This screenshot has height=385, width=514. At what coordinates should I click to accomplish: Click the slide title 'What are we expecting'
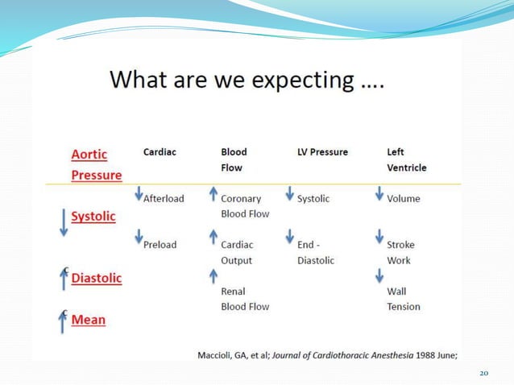[247, 81]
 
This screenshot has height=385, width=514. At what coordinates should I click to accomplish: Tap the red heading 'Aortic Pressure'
[96, 164]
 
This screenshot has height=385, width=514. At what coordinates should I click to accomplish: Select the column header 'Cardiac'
[160, 151]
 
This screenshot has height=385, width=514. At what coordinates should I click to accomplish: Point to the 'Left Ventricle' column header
[406, 159]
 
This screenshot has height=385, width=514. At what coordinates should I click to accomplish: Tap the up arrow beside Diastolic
[64, 279]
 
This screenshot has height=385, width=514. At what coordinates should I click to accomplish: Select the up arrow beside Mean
[64, 321]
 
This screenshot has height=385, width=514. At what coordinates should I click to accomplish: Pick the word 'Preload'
[160, 244]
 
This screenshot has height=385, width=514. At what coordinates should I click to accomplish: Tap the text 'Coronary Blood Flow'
[246, 206]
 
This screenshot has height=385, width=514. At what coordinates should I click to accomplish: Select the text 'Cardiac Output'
[238, 252]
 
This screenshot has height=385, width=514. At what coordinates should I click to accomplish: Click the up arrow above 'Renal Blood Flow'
[213, 275]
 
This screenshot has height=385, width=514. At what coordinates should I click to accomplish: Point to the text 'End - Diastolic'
[315, 252]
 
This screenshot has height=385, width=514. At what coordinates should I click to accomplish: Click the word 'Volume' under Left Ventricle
[403, 198]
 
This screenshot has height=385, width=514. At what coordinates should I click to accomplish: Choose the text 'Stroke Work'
[400, 252]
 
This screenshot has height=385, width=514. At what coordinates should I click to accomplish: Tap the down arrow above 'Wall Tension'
[379, 275]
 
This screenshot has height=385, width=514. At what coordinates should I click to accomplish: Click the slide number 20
[483, 374]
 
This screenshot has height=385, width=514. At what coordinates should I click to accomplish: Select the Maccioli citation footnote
[329, 355]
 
